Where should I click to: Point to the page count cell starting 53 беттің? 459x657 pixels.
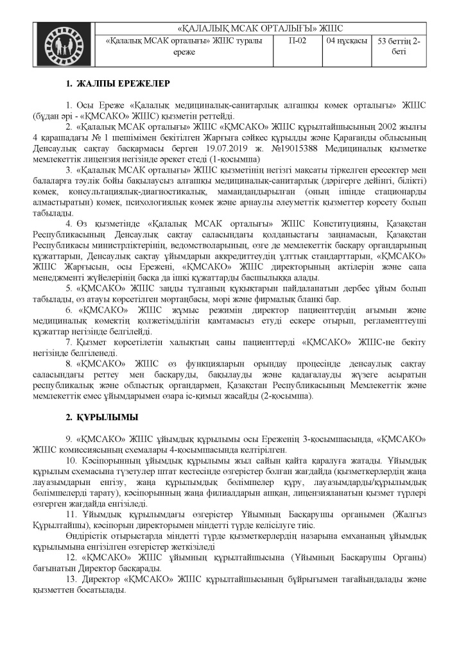(x=399, y=46)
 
